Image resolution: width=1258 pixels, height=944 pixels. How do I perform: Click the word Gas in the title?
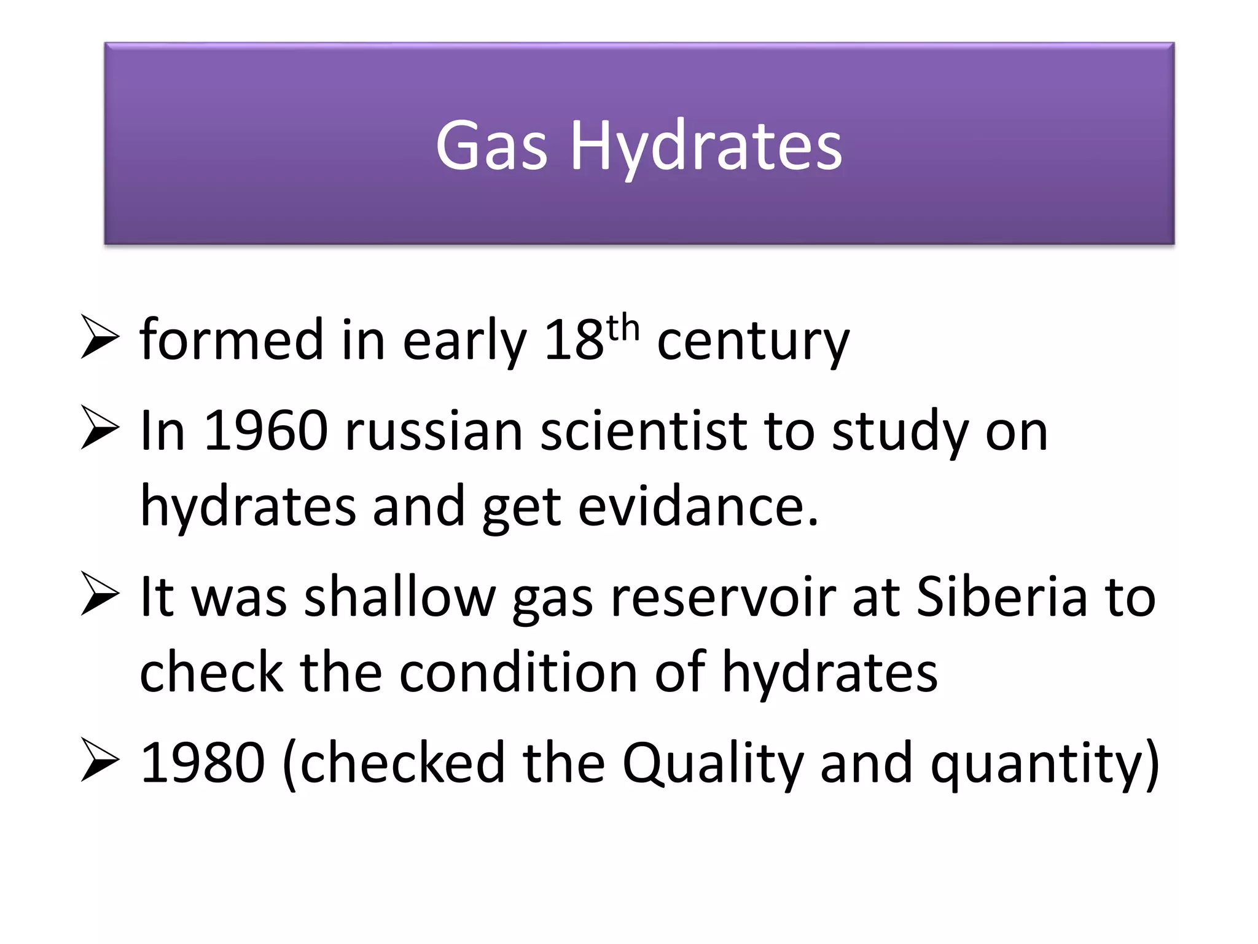click(x=491, y=146)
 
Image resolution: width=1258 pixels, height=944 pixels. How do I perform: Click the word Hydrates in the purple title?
click(x=706, y=147)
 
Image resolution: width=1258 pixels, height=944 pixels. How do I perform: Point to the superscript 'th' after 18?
click(x=623, y=327)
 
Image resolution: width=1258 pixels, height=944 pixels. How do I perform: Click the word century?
click(x=753, y=342)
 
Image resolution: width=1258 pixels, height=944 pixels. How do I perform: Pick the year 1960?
click(x=265, y=431)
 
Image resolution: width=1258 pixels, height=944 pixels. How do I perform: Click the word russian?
click(x=434, y=431)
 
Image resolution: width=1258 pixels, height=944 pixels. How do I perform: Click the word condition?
click(x=518, y=672)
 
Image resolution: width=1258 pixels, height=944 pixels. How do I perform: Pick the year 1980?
click(x=203, y=763)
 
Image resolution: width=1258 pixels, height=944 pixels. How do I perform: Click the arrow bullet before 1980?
click(x=100, y=761)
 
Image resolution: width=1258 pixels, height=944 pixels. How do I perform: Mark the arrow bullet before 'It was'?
click(x=100, y=594)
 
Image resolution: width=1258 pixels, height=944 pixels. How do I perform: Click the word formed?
click(x=232, y=340)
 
